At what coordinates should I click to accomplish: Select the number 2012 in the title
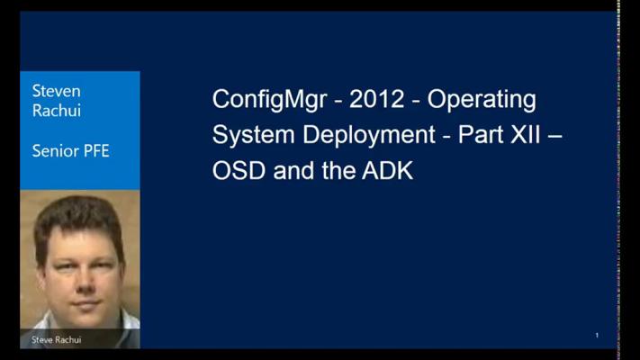(377, 99)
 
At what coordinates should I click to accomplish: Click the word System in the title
(254, 136)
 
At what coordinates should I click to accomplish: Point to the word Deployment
(369, 136)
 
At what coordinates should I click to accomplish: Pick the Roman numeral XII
(526, 134)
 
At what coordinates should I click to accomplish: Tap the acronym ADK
(387, 170)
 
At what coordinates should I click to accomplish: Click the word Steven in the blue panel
(57, 91)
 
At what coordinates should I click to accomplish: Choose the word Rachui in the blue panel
(57, 111)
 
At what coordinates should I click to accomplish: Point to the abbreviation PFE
(96, 151)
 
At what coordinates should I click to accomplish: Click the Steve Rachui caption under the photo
(57, 339)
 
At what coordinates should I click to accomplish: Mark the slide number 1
(597, 336)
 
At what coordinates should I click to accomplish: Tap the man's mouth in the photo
(86, 304)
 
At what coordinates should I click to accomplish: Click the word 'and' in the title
(293, 170)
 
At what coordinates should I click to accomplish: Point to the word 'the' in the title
(338, 170)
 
